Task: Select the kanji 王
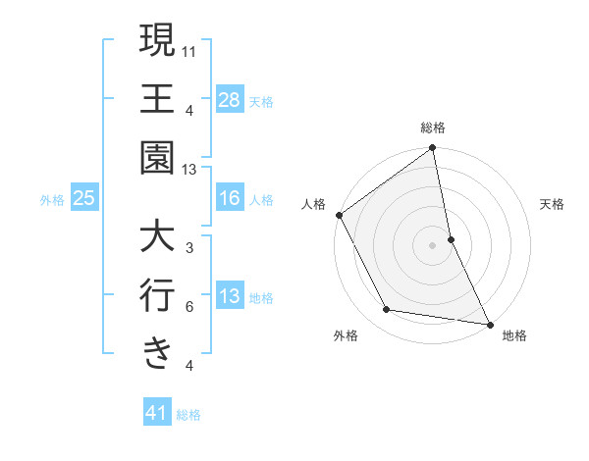click(x=157, y=99)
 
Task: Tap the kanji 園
click(x=157, y=157)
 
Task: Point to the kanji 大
click(x=157, y=237)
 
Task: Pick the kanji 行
click(x=157, y=295)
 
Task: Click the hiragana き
click(x=157, y=353)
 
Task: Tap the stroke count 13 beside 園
click(x=190, y=170)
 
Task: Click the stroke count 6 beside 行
click(x=189, y=307)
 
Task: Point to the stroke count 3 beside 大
click(x=189, y=249)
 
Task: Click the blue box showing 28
click(x=229, y=100)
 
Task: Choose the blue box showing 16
click(x=229, y=199)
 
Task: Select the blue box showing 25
click(x=84, y=199)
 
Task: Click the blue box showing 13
click(x=229, y=297)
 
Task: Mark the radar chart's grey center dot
click(x=432, y=244)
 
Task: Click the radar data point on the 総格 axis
click(x=433, y=149)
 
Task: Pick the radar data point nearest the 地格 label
click(x=488, y=323)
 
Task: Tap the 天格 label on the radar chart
click(x=553, y=205)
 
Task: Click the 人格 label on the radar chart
click(x=313, y=205)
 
